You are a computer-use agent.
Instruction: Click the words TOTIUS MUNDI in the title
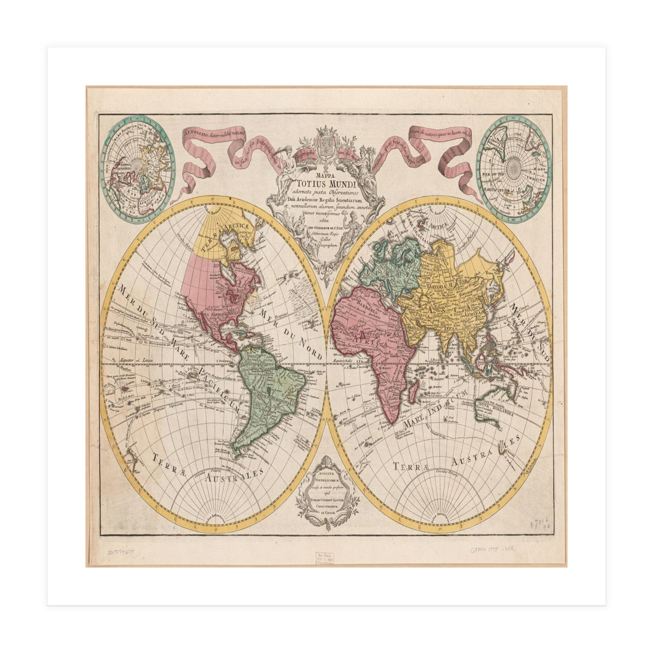pyautogui.click(x=325, y=184)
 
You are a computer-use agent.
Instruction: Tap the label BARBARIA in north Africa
pyautogui.click(x=367, y=311)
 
